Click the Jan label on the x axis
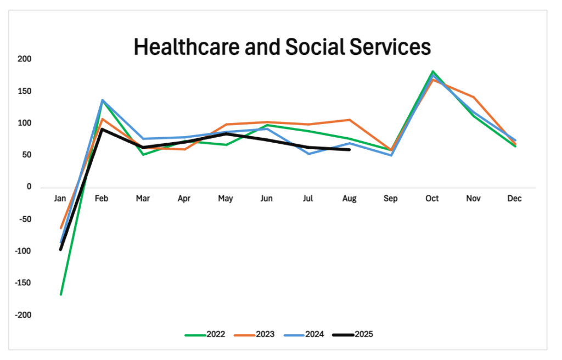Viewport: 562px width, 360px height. pos(60,199)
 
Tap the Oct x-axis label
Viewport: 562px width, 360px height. pos(432,199)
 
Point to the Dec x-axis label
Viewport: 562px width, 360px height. pos(515,199)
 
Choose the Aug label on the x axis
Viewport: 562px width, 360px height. pos(349,199)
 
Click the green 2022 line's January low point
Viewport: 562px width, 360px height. pos(61,295)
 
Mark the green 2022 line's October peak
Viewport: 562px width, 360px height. pos(432,71)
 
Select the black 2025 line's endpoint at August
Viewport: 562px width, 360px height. pos(350,149)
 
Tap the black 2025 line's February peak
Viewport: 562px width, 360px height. pos(102,129)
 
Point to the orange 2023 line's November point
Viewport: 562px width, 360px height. pos(474,97)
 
